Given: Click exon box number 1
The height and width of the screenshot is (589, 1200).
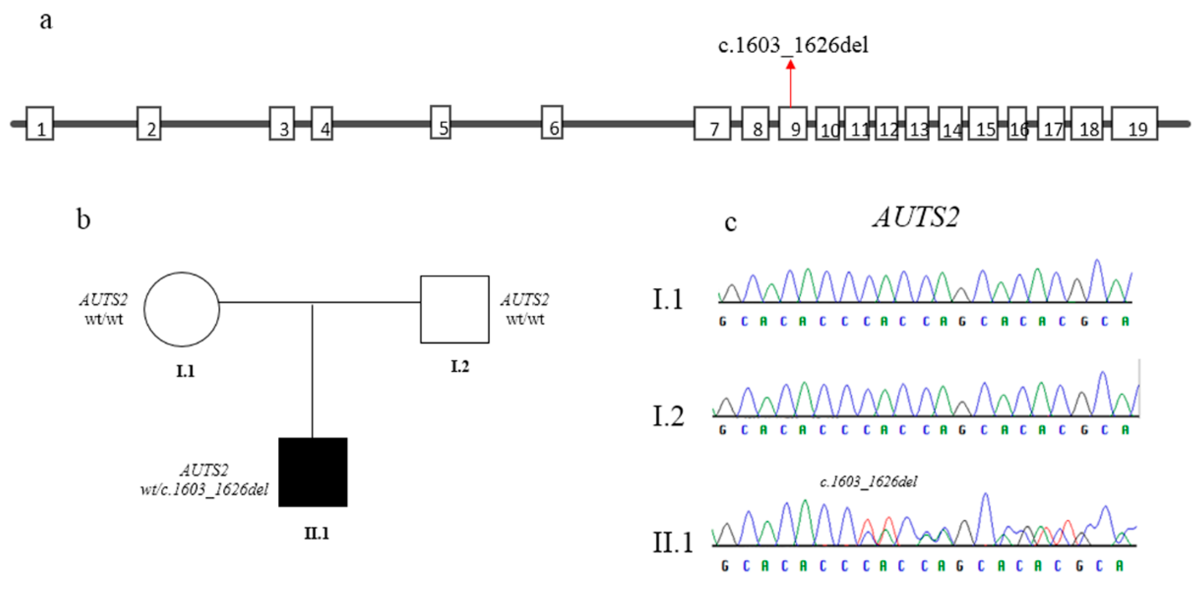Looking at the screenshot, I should click(40, 124).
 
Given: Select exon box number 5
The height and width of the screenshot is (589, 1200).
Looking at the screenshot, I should click(440, 122).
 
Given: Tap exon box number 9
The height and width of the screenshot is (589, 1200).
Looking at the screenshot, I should click(792, 124).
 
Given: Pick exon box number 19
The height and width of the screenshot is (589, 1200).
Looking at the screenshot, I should click(1134, 124).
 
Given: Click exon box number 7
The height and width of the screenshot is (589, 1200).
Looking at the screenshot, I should click(712, 124).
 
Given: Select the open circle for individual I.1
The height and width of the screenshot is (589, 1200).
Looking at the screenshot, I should click(182, 309).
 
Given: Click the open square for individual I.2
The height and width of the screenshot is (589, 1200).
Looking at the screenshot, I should click(455, 309).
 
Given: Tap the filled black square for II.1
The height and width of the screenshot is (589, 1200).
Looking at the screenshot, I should click(312, 472).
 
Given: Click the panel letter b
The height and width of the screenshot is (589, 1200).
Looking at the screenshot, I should click(83, 219).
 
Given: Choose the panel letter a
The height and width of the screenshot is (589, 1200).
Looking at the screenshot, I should click(46, 21).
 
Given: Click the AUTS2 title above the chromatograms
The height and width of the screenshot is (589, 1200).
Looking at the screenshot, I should click(916, 217).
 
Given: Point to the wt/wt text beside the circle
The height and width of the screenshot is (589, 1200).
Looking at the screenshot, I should click(104, 319).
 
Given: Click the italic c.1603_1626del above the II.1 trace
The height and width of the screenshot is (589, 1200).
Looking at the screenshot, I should click(868, 481).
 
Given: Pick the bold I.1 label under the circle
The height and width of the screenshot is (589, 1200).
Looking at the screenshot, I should click(185, 371).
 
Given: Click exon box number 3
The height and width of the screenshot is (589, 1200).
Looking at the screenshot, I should click(282, 124).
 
